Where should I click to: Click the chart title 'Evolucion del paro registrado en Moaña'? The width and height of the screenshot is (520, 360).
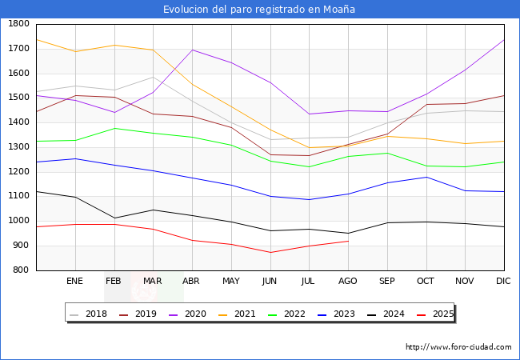point(259,10)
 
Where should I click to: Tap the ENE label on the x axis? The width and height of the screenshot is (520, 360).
point(74,282)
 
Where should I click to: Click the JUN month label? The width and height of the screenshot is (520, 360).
point(270,282)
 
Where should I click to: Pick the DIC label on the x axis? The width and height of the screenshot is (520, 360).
point(504,282)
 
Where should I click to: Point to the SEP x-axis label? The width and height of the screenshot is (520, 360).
point(386,282)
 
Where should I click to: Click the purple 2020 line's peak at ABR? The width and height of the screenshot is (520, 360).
point(192,50)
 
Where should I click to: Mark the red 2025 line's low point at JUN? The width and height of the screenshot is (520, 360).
point(270,253)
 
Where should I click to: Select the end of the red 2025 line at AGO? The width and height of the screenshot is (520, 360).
point(348,241)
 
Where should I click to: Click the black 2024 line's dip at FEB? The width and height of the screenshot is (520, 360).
point(114,218)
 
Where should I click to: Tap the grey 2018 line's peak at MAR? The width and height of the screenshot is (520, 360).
point(153,77)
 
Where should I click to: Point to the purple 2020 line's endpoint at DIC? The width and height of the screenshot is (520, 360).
point(504,39)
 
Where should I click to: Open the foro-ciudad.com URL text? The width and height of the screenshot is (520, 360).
point(458,347)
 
